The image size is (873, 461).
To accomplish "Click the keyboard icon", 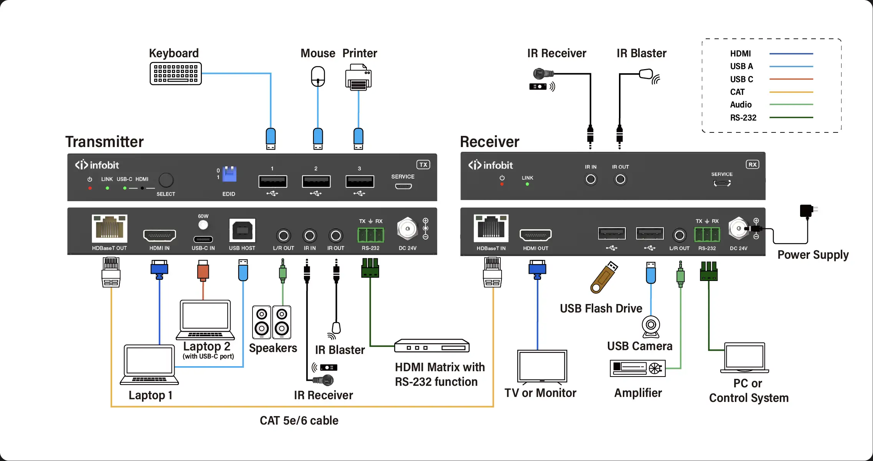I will [176, 73].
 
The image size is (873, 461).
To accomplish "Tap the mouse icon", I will [318, 76].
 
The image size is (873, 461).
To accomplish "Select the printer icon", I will [358, 77].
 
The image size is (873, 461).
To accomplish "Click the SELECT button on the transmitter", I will [166, 180].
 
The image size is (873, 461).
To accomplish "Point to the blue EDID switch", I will [229, 174].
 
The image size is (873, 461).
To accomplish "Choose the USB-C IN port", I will [203, 239].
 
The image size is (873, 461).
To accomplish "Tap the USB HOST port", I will [242, 230].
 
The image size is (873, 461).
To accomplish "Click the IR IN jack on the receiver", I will [591, 179].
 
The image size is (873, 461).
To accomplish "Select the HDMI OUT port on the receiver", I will [535, 235].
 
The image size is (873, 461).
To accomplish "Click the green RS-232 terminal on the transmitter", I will [370, 235].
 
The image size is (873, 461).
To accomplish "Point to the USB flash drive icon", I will [604, 277].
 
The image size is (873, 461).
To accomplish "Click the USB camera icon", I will [651, 326].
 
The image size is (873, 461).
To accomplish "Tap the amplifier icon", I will [637, 368].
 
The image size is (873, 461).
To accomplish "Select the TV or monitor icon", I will [542, 367].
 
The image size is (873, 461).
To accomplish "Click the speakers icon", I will [272, 322].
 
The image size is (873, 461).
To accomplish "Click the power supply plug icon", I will [807, 211].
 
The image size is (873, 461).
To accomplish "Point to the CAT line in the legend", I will [791, 92].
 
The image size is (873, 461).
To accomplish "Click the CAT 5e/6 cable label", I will [299, 420].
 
